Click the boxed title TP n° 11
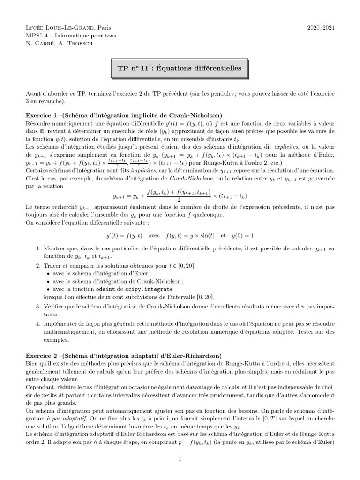(179, 68)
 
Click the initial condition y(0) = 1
(245, 235)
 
